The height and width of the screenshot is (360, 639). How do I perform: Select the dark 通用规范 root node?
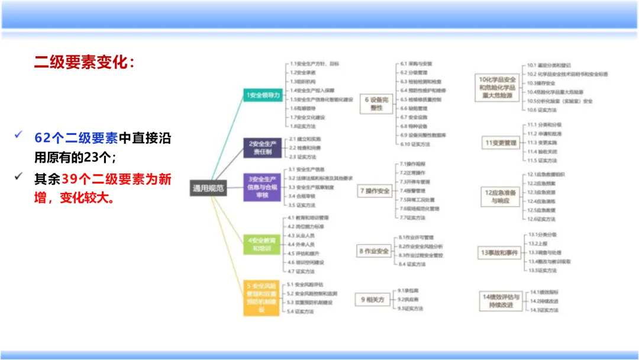coord(208,188)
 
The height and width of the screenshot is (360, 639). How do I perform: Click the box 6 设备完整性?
coord(377,104)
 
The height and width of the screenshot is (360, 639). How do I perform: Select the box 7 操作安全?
coord(375,191)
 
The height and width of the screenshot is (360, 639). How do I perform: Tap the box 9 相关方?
coord(373,300)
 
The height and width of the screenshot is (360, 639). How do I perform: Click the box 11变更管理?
coord(501,143)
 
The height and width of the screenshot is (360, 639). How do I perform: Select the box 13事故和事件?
coord(499,253)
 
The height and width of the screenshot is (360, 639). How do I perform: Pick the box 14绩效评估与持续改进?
coord(500,300)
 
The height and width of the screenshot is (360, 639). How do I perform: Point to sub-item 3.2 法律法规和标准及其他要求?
coord(320,178)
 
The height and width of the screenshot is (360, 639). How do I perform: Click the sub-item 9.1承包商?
coord(408,291)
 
